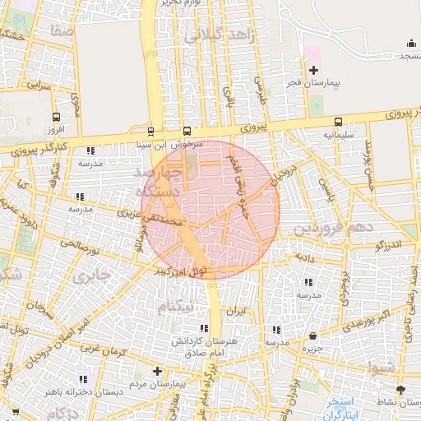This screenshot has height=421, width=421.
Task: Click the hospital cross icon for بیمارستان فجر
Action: click(x=312, y=71)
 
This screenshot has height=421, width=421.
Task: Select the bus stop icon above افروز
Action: click(x=56, y=117)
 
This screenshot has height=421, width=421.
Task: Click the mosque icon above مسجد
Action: click(x=410, y=44)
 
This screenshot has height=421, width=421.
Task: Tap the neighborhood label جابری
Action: click(x=90, y=276)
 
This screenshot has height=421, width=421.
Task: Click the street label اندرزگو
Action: click(x=388, y=245)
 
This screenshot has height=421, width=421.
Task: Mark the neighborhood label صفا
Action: click(x=62, y=30)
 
